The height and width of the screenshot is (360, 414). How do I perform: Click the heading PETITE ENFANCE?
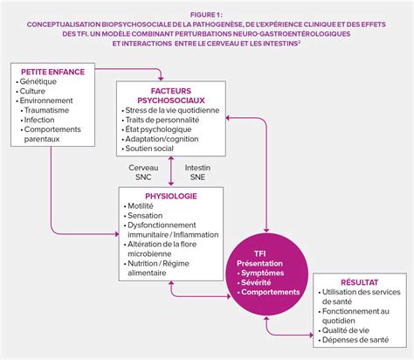(x=52, y=72)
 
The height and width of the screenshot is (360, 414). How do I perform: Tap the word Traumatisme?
(x=46, y=110)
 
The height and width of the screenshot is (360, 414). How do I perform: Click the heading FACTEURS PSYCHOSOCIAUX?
(x=171, y=95)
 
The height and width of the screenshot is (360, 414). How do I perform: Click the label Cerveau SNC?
(x=143, y=172)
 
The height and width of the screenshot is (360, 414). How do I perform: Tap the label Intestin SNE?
(x=197, y=172)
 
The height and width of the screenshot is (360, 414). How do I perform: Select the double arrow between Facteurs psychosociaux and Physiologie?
(x=171, y=171)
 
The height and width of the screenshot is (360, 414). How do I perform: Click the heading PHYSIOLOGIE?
(x=171, y=197)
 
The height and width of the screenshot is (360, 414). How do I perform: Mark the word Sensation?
(x=145, y=216)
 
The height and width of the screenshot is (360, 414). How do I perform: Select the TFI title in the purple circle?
(x=259, y=253)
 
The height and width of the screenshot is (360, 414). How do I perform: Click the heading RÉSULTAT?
(x=360, y=282)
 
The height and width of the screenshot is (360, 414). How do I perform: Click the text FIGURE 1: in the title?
(x=206, y=15)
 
